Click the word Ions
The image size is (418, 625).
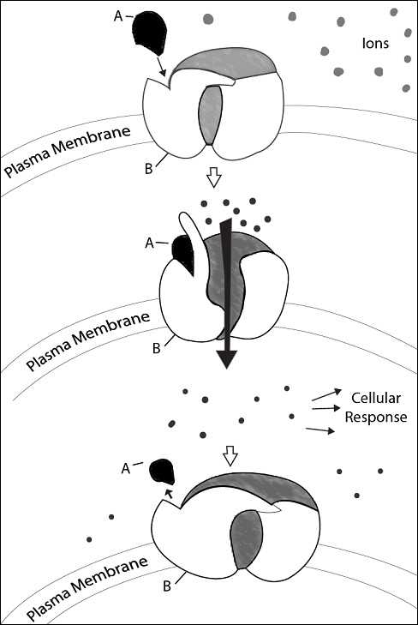pyautogui.click(x=375, y=43)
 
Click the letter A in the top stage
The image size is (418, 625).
pyautogui.click(x=118, y=16)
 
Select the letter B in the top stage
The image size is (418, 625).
pyautogui.click(x=148, y=169)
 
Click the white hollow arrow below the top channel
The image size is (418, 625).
pyautogui.click(x=214, y=177)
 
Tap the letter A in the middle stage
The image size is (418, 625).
pyautogui.click(x=149, y=243)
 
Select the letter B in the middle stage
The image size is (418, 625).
pyautogui.click(x=157, y=348)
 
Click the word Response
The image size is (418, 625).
pyautogui.click(x=376, y=418)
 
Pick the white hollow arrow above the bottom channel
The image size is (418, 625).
pyautogui.click(x=230, y=456)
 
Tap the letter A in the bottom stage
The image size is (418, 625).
pyautogui.click(x=126, y=469)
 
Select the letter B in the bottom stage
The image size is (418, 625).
pyautogui.click(x=167, y=586)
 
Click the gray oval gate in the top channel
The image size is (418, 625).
pyautogui.click(x=210, y=115)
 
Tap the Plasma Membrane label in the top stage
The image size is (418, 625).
pyautogui.click(x=68, y=152)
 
